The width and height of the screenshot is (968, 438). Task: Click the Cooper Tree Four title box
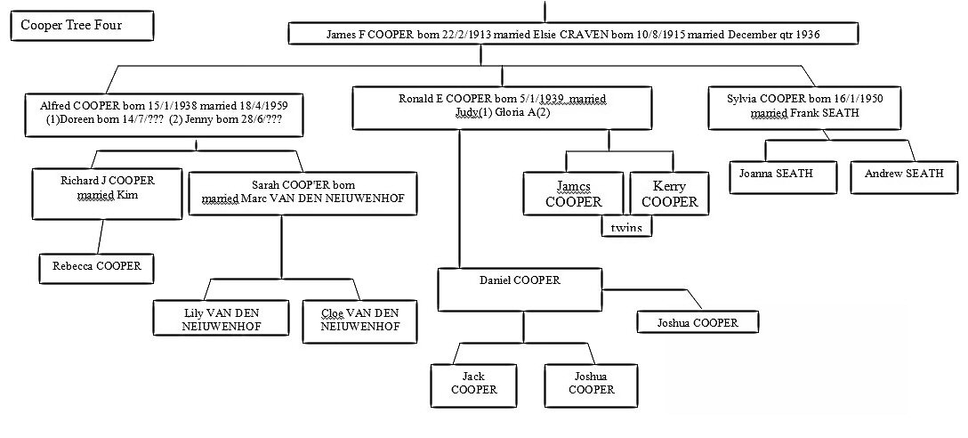[71, 26]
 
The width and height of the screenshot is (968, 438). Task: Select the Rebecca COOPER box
[97, 265]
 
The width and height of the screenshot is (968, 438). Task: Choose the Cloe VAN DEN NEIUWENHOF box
[362, 320]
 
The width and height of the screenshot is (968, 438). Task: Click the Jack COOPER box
[473, 384]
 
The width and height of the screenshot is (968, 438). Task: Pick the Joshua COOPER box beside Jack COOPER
[591, 384]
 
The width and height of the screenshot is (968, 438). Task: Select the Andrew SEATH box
[903, 174]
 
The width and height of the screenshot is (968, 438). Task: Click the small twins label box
[626, 228]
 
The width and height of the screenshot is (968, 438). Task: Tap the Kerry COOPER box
[669, 195]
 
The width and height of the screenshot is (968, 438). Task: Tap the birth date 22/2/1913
[432, 35]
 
